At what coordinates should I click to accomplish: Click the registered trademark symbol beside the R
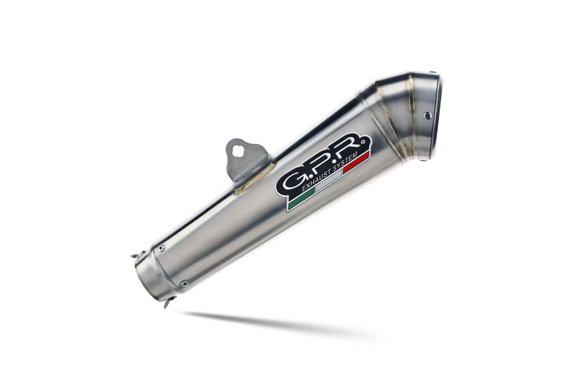364,140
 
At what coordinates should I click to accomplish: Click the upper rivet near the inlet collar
161,248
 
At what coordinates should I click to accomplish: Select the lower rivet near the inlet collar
184,284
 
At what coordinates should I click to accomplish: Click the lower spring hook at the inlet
168,302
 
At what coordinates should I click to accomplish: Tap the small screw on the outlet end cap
427,116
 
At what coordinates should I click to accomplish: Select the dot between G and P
306,178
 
